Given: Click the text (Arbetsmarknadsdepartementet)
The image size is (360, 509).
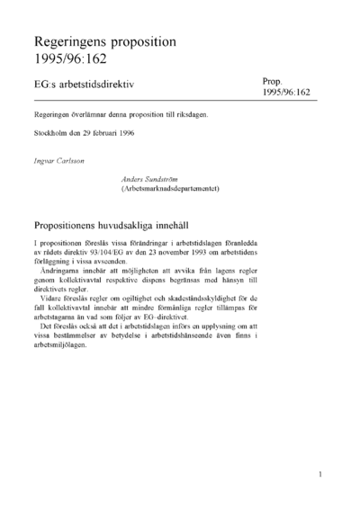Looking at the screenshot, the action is pos(170,189).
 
